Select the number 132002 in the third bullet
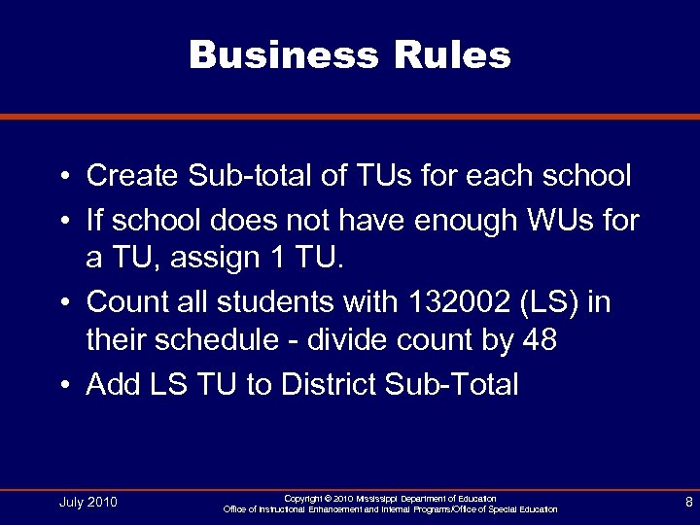click(445, 302)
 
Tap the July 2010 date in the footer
click(88, 502)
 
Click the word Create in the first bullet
click(131, 176)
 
